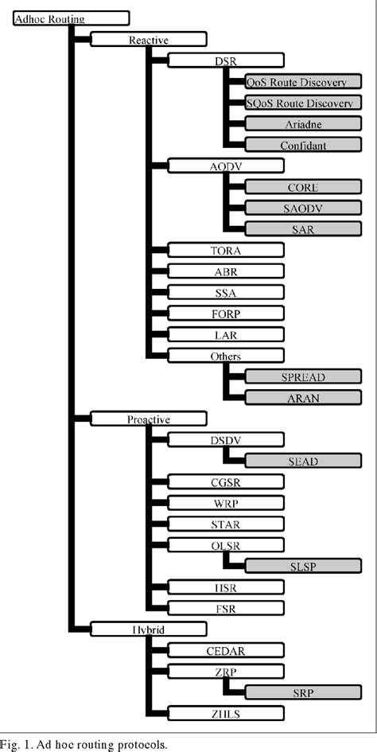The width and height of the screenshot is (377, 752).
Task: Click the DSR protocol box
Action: point(227,60)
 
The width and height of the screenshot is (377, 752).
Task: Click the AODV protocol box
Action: point(227,166)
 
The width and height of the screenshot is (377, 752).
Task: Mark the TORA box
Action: point(227,251)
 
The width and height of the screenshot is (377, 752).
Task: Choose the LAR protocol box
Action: point(227,335)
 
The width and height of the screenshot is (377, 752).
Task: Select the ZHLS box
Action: point(227,713)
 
